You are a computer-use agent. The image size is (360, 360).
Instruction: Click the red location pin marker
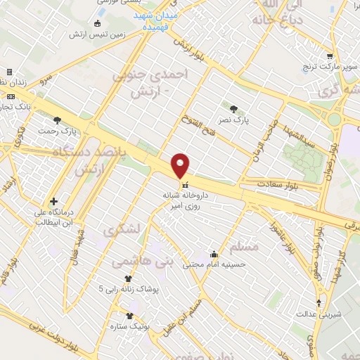tap(181, 165)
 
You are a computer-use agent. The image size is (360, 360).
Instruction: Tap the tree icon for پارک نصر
tap(234, 108)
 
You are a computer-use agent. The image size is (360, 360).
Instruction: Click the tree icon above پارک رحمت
tap(57, 120)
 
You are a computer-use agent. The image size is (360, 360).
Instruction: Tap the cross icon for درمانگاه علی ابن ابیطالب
tap(55, 200)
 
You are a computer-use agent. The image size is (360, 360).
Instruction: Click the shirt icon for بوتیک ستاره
tap(129, 316)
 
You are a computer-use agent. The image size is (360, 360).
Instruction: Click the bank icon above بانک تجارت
tap(10, 96)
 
